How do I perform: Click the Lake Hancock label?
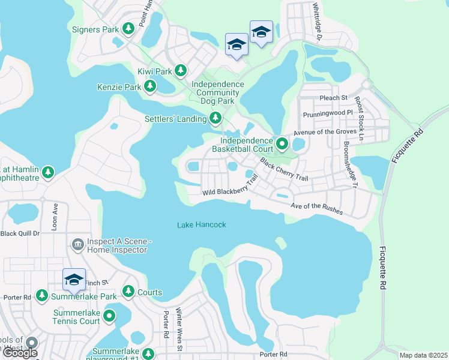[202, 225]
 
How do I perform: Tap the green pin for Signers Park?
[128, 28]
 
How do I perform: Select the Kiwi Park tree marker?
[181, 71]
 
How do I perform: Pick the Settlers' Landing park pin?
[215, 119]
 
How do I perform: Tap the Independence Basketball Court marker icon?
[283, 143]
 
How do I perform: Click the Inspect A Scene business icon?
[77, 244]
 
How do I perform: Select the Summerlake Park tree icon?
[41, 295]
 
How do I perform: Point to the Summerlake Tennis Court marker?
[109, 316]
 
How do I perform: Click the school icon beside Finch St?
[74, 280]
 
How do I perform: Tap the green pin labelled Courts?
[128, 291]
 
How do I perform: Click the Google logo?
[20, 353]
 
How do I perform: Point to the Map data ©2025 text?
[423, 355]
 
